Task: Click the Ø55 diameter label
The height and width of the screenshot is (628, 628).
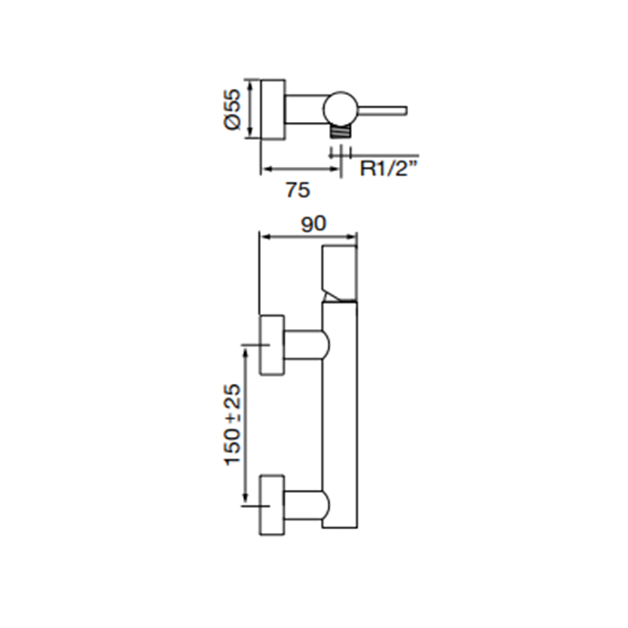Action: tap(232, 109)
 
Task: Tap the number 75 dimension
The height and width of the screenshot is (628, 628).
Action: tap(298, 190)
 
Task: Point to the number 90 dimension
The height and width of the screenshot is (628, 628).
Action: tap(314, 224)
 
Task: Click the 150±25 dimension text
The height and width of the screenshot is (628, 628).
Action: tap(233, 424)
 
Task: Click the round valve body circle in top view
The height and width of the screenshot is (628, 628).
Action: tap(340, 108)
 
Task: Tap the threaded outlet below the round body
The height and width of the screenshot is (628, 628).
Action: tap(340, 131)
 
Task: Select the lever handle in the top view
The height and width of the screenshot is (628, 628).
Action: tap(381, 111)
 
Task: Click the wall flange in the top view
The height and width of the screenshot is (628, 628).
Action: tap(273, 109)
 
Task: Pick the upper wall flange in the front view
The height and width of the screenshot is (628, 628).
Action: tap(273, 345)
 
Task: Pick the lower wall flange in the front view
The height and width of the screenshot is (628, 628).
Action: tap(273, 505)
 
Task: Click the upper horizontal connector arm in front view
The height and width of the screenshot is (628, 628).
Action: tap(307, 345)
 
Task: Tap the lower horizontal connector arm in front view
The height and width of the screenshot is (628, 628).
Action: tap(307, 504)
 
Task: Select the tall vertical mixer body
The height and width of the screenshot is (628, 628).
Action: tap(340, 414)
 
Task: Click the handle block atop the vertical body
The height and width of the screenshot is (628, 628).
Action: tap(340, 273)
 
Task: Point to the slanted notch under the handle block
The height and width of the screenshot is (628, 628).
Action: tap(333, 295)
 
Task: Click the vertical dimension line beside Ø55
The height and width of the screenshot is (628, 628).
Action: tap(250, 109)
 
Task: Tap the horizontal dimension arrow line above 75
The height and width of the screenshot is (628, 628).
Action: tap(301, 170)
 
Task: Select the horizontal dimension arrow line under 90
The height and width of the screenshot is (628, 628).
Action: tap(309, 237)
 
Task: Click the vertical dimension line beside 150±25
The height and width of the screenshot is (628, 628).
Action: tap(245, 425)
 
